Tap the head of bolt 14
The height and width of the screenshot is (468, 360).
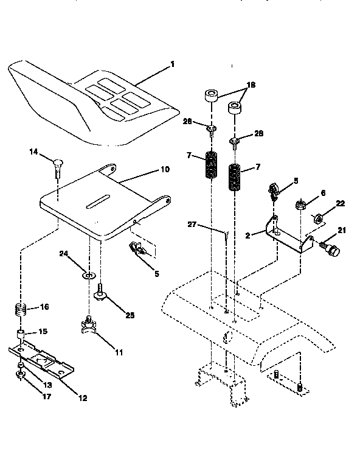57,162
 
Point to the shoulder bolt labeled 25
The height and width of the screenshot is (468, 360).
102,296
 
